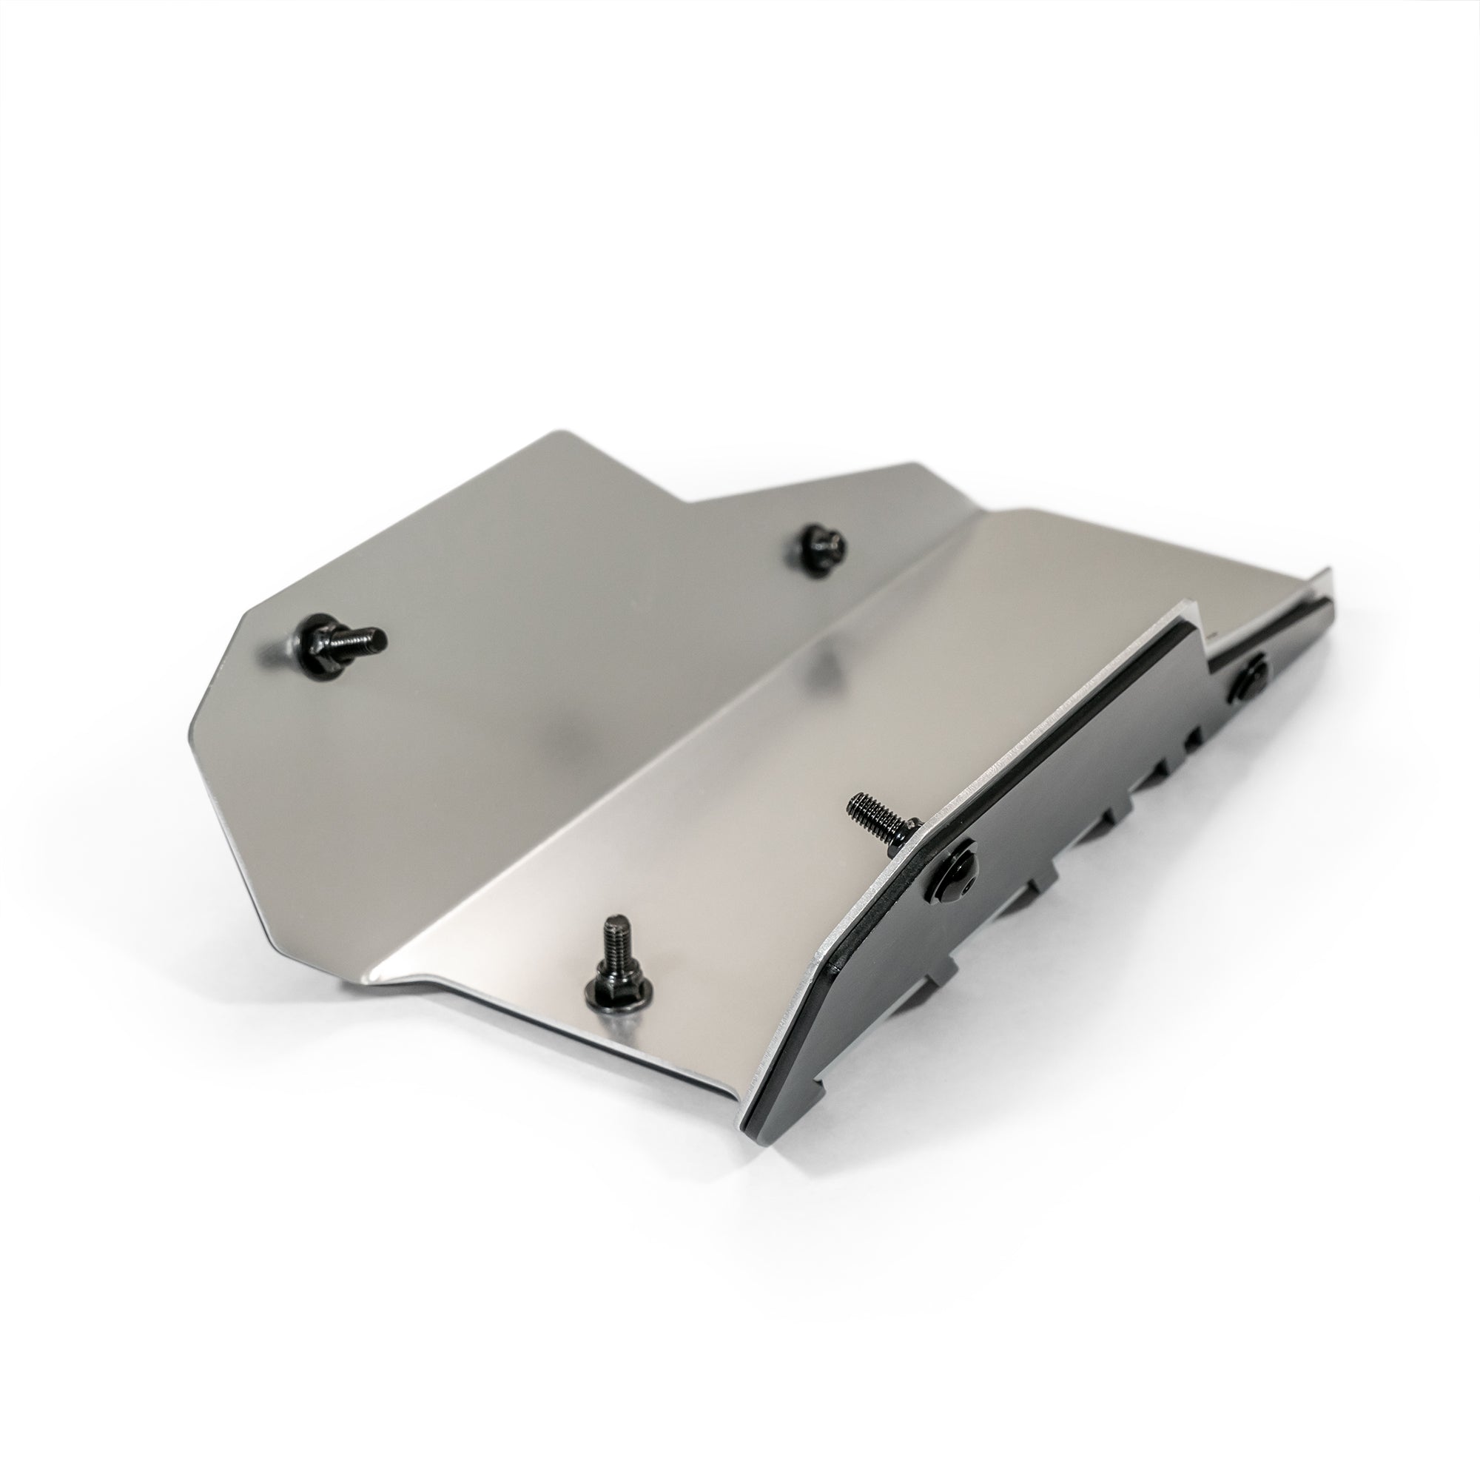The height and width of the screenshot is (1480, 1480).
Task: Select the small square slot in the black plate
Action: [1192, 740]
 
